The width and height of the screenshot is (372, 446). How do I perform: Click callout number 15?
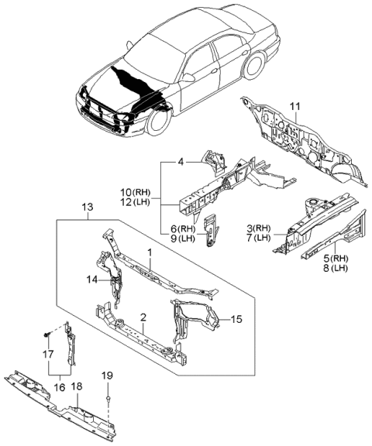point(236,318)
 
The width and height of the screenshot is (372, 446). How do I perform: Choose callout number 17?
point(49,355)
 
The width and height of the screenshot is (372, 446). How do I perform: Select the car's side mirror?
point(188,77)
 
